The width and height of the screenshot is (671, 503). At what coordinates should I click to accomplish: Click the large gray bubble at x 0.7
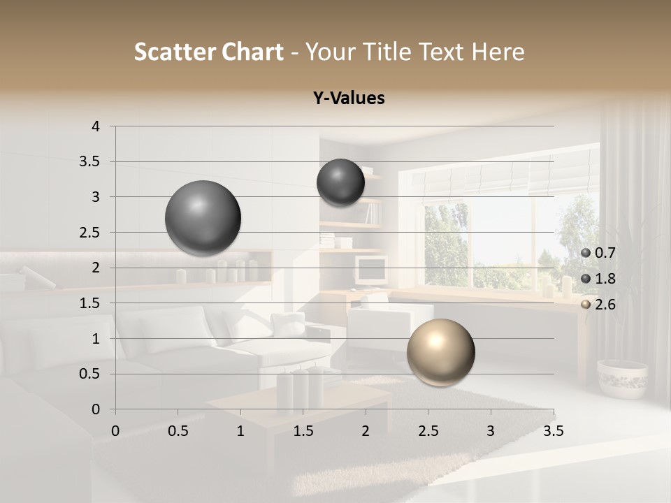tap(203, 218)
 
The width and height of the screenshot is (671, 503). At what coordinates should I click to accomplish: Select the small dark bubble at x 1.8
tap(340, 182)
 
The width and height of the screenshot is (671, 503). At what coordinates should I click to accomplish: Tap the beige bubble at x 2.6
tap(440, 352)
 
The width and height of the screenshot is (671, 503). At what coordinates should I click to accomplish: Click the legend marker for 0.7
tap(586, 253)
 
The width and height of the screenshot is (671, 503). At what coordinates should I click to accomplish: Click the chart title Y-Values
tap(349, 99)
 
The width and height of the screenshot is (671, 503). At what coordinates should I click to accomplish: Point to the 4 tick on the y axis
tap(96, 126)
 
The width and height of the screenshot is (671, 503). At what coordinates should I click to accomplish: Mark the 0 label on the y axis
tap(96, 409)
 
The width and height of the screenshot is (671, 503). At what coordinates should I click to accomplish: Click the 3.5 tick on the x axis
tap(553, 431)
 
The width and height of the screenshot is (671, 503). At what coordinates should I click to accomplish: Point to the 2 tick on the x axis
tap(365, 431)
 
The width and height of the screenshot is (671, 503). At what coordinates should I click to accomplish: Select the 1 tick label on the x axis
tap(240, 431)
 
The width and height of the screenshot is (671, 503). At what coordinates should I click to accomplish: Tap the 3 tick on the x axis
tap(491, 431)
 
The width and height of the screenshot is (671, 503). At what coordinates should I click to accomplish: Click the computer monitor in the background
tap(370, 269)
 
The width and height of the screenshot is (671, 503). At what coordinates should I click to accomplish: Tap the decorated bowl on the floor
tap(622, 378)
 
